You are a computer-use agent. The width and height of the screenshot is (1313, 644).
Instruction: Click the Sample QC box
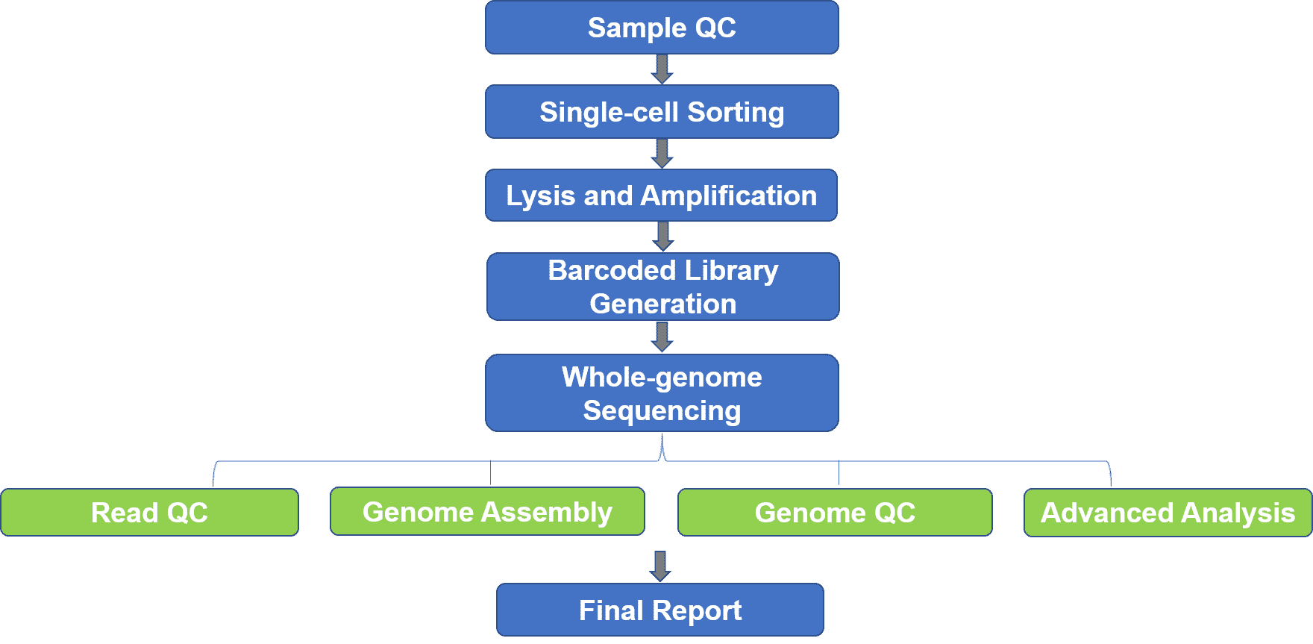662,28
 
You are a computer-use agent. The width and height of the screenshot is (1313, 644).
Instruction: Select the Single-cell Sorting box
662,112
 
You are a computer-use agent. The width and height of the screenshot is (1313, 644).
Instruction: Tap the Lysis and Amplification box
661,196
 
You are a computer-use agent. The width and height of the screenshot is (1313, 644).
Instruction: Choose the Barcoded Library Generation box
662,287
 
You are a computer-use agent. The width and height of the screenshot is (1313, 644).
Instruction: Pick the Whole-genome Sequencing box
662,393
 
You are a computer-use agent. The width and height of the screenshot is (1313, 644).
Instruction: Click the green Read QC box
149,513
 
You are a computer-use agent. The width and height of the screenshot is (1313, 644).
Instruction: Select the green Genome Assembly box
487,512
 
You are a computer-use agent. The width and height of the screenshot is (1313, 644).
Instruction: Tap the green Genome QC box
835,513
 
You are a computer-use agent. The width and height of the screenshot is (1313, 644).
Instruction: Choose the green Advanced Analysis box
1168,513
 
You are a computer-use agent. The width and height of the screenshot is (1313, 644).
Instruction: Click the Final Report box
660,610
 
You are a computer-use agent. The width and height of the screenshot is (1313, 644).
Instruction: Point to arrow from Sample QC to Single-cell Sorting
662,69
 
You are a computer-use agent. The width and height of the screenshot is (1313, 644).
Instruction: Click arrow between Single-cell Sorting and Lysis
662,154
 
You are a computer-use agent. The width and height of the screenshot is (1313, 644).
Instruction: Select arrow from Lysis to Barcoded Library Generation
662,237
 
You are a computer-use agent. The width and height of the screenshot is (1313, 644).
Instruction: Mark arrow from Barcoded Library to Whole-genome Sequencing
662,337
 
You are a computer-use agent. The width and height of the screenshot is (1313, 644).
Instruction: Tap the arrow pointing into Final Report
660,566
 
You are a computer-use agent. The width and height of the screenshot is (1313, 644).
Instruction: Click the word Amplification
729,196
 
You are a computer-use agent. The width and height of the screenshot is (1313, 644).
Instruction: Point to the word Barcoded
612,270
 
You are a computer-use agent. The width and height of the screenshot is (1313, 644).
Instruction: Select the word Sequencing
662,411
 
